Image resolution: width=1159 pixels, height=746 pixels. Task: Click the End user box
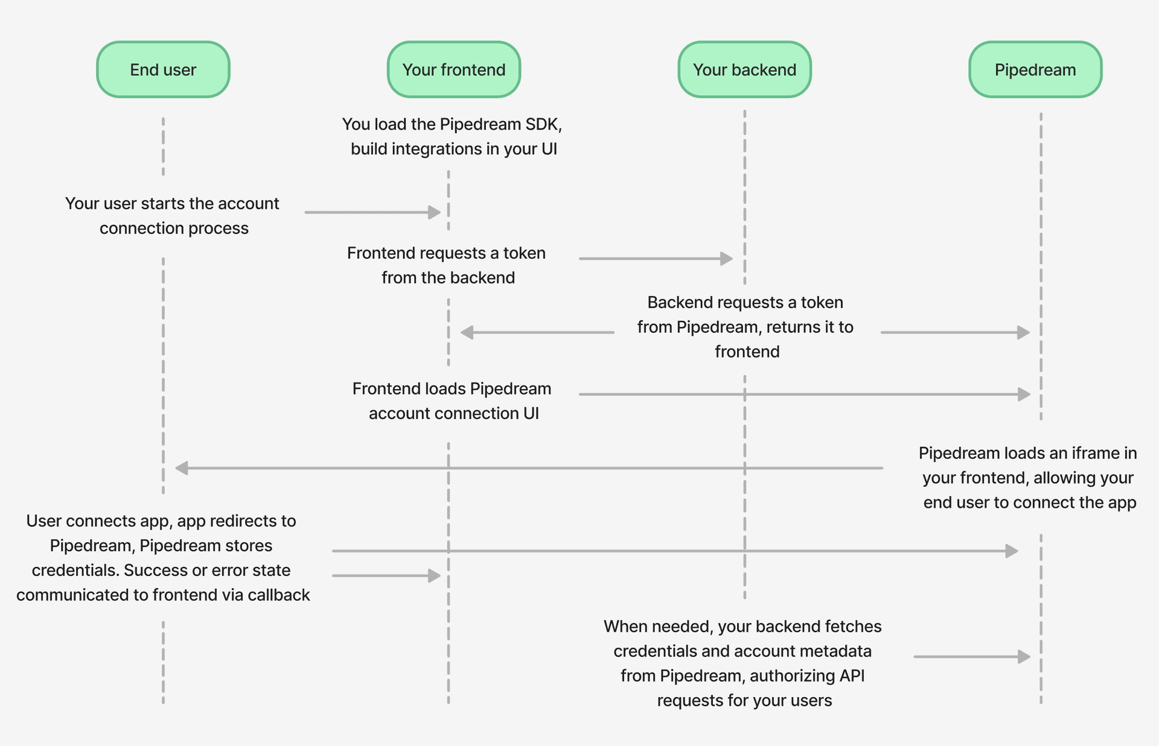[x=163, y=69]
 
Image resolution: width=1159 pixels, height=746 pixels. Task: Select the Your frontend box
[x=454, y=69]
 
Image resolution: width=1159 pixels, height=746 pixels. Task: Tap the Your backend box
[x=744, y=69]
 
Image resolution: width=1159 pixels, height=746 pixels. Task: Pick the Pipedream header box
[x=1035, y=69]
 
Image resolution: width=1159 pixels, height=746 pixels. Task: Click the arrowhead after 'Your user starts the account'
[x=435, y=212]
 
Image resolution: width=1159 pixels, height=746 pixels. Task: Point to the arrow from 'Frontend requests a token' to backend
[x=656, y=259]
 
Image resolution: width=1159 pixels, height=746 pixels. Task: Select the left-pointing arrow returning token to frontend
[x=537, y=332]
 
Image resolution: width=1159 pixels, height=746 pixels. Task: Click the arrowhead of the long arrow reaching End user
[x=182, y=468]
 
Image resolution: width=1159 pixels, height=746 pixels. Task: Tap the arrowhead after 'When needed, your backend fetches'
[x=1024, y=656]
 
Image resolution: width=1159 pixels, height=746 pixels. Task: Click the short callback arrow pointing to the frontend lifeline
[x=386, y=576]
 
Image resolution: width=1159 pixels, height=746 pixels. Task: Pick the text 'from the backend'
[x=448, y=278]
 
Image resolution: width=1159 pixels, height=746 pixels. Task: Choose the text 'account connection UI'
[x=454, y=414]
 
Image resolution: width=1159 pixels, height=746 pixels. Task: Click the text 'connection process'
[x=174, y=229]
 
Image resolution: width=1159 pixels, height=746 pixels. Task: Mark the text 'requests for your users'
[x=744, y=701]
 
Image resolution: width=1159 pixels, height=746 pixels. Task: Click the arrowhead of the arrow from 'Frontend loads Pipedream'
[x=1024, y=394]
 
